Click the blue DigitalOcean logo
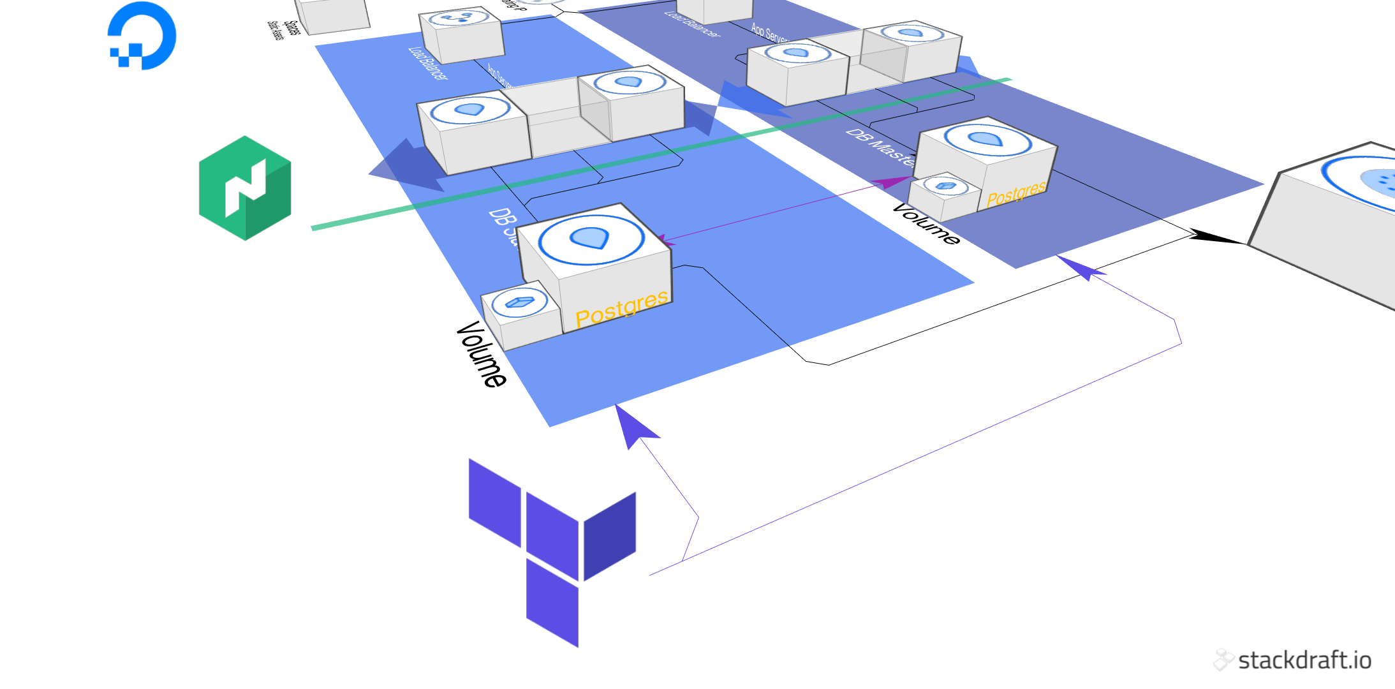pos(142,36)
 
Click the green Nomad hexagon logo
pos(245,188)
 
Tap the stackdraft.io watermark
pos(1292,660)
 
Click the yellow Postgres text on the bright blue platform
pos(621,309)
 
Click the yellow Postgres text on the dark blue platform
pos(1016,193)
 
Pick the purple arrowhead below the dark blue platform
pos(1084,268)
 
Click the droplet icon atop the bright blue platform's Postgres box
pos(591,239)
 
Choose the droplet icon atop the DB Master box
pos(987,138)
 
